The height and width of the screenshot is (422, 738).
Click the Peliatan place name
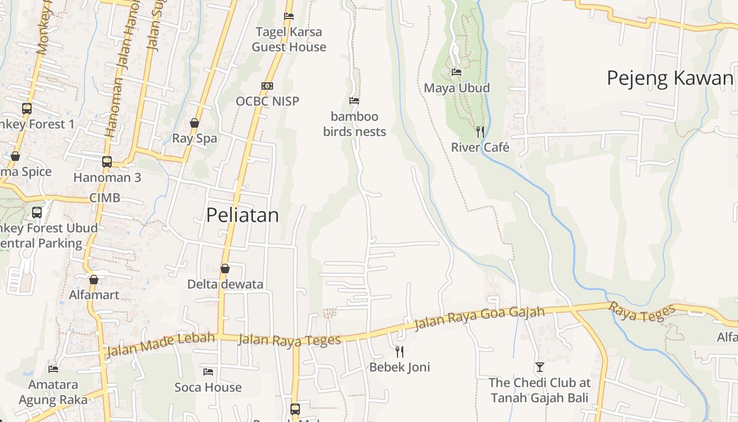click(242, 215)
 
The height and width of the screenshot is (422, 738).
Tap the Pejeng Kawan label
click(670, 78)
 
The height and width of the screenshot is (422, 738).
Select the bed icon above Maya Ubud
click(457, 72)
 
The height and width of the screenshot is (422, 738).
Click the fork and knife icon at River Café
click(480, 131)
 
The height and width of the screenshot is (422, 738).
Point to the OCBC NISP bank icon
click(267, 86)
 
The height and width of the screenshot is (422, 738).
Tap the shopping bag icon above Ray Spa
click(195, 123)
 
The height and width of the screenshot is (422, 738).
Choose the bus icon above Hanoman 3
click(107, 161)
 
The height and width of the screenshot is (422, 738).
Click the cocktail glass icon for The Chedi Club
click(539, 367)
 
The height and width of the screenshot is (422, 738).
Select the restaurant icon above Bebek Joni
click(400, 351)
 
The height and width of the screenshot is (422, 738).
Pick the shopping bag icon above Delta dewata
click(225, 268)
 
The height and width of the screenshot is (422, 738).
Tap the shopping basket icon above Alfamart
click(94, 279)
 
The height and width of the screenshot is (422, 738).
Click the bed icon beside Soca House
click(208, 372)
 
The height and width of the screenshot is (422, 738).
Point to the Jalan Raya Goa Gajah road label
click(479, 318)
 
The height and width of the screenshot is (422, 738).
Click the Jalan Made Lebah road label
click(161, 343)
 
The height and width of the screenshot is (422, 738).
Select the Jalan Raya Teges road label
click(289, 340)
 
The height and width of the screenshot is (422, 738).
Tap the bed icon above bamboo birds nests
click(354, 100)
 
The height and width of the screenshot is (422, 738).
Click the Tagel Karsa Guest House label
click(289, 40)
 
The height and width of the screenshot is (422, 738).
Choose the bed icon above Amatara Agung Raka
click(53, 369)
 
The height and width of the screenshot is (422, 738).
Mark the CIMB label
click(104, 198)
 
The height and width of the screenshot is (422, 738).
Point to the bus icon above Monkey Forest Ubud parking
click(37, 213)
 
